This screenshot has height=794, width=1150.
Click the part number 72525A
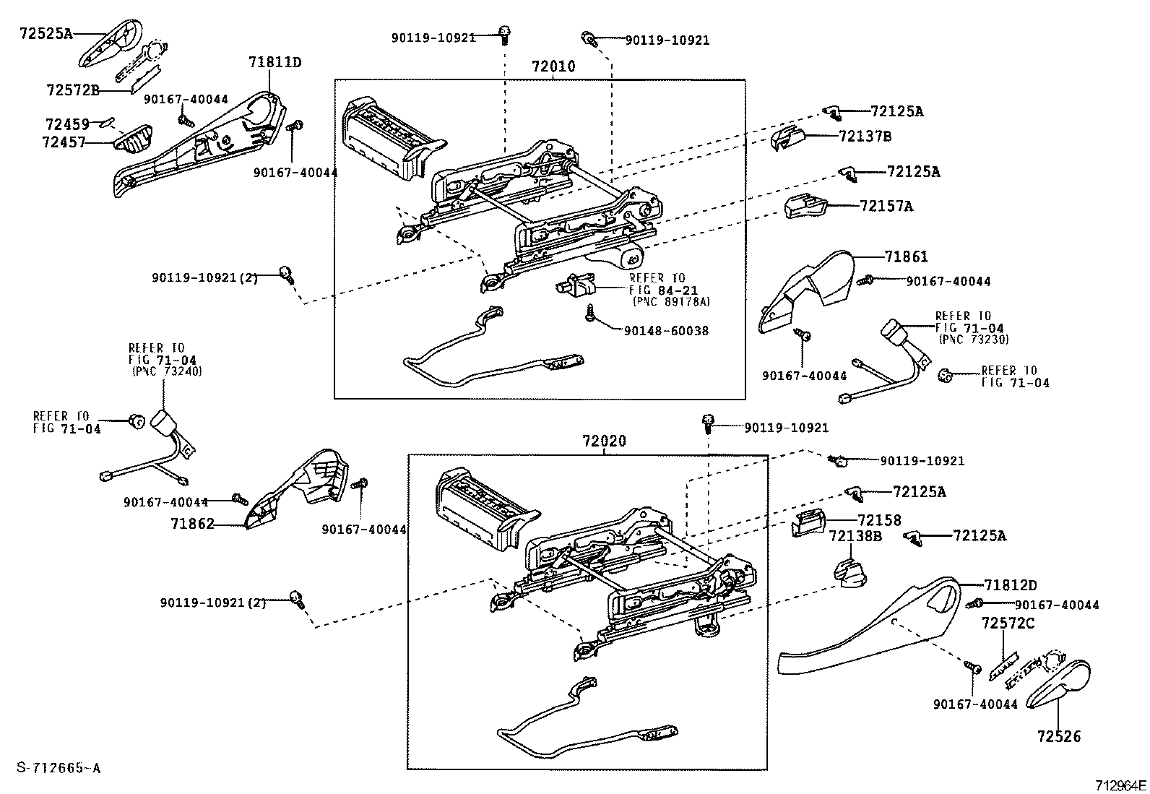point(45,34)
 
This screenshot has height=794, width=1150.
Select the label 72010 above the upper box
point(553,66)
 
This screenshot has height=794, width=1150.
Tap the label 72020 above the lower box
point(604,441)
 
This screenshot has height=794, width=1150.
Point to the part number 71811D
point(274,62)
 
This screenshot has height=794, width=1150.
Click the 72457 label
point(64,142)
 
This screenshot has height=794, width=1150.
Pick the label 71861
point(906,256)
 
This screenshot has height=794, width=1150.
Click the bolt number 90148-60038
point(665,331)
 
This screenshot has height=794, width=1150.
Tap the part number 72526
point(1059,736)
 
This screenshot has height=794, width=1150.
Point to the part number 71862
point(193,524)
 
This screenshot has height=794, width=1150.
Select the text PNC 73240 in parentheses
point(168,371)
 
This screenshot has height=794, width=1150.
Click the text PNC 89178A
point(671,301)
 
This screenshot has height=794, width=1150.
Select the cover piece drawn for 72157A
point(804,205)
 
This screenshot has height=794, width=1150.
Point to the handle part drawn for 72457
point(133,139)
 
